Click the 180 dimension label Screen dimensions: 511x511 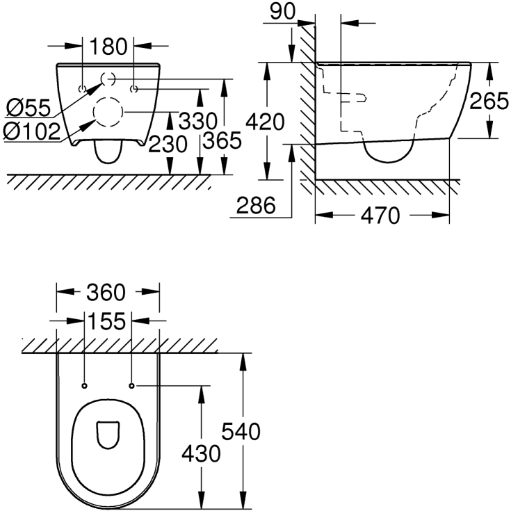pos(108,47)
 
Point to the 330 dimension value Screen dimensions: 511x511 pos(198,121)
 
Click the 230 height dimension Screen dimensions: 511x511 pos(168,144)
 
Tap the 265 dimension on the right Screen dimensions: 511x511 pos(489,103)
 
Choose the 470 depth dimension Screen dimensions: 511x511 pos(381,216)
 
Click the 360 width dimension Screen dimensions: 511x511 pos(107,293)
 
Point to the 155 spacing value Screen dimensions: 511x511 pos(107,321)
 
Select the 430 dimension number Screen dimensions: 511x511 pos(201,454)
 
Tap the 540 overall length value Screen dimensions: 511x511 pos(241,432)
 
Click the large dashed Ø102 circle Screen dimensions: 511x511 pos(108,112)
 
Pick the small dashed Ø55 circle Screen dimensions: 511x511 pos(108,79)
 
